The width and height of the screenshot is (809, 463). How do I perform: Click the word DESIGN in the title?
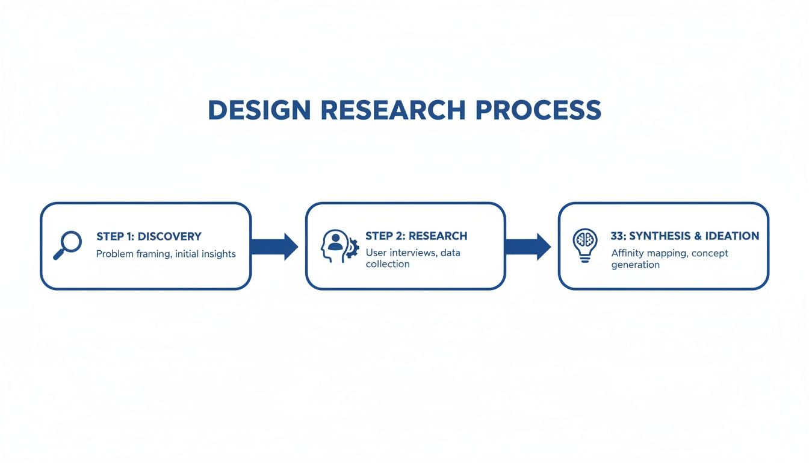[259, 110]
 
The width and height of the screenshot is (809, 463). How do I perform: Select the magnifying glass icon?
[67, 245]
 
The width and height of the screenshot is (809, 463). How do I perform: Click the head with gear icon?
[338, 245]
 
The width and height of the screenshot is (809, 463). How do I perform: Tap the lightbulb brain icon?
[584, 245]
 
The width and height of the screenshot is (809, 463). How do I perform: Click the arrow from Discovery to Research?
[274, 246]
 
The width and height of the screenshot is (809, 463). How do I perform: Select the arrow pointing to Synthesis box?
[527, 246]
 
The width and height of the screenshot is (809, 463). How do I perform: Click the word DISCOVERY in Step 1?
[169, 236]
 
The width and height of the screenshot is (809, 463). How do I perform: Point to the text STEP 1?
[115, 236]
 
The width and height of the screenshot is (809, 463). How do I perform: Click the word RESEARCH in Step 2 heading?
[438, 236]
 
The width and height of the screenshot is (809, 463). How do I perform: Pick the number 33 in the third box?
[618, 236]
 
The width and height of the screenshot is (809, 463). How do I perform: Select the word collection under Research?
[388, 264]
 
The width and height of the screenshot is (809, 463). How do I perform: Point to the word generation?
[635, 265]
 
